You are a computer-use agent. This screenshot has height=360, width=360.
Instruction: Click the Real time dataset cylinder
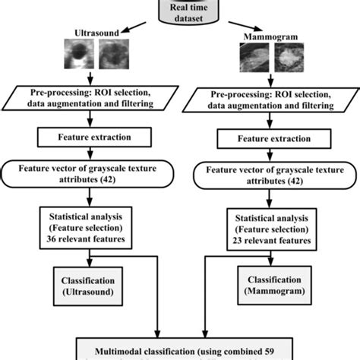(180, 11)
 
